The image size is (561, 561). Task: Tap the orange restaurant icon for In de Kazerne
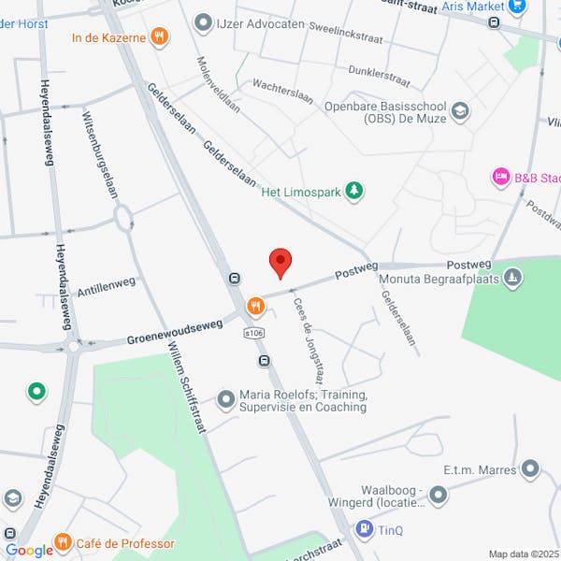tap(160, 36)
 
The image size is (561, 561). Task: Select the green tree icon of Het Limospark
tap(353, 193)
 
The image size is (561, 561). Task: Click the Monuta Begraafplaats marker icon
tap(512, 278)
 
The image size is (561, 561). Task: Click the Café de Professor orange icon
tap(63, 542)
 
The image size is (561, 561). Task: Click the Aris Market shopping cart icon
tap(517, 7)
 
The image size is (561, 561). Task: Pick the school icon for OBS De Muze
tap(459, 112)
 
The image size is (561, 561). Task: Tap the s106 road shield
tap(253, 332)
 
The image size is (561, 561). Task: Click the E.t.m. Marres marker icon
tap(530, 467)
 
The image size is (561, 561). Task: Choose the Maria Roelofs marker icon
tap(225, 400)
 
